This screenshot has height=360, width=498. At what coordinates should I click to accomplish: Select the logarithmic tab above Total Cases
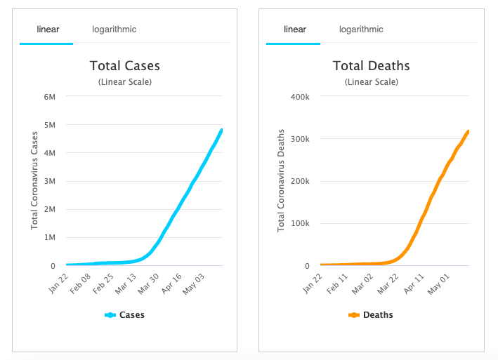(114, 29)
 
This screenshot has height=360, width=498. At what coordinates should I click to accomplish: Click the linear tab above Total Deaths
(294, 29)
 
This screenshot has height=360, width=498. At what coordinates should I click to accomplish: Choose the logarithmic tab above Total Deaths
(361, 29)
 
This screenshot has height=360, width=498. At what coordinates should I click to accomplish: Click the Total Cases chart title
(125, 66)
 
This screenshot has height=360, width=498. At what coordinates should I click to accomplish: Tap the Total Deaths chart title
(371, 66)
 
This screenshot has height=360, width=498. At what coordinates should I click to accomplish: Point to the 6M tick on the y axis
(50, 96)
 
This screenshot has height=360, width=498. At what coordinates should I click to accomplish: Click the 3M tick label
(50, 181)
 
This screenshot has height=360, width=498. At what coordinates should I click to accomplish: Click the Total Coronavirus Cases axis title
(34, 181)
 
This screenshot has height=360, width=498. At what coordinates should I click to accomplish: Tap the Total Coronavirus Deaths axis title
(281, 180)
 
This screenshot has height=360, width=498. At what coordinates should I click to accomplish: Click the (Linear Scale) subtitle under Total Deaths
(371, 82)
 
